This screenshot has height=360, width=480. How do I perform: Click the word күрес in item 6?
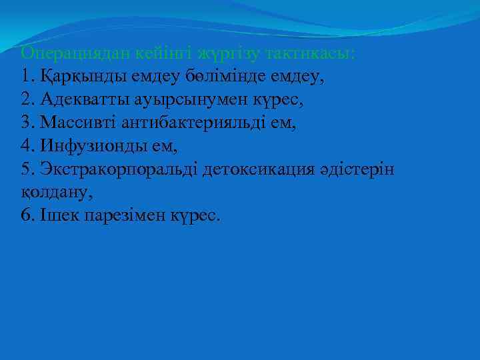point(195,217)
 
